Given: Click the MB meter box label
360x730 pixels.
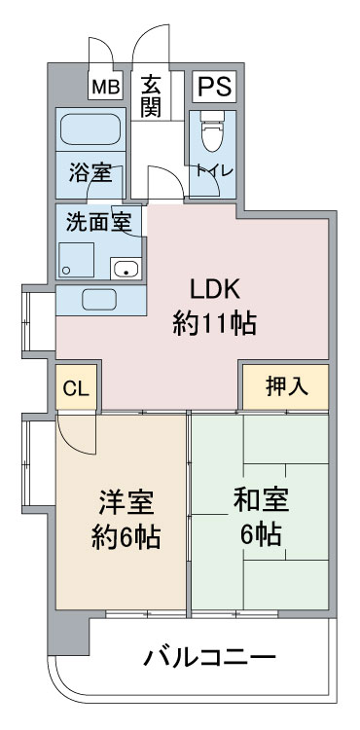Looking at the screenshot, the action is (x=105, y=87).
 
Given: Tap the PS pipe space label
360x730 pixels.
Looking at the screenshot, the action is (x=214, y=86).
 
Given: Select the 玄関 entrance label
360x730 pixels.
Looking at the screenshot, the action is (x=152, y=96).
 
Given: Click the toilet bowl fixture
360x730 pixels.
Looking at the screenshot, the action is (x=212, y=130).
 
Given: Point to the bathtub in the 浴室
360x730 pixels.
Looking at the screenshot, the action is (x=90, y=128).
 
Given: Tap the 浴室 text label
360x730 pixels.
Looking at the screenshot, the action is (x=90, y=172).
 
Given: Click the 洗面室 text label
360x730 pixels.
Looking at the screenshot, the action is (x=97, y=222).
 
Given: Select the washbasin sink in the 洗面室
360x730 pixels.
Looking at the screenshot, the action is (x=126, y=269).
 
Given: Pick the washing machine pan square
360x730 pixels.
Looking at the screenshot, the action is (x=76, y=260).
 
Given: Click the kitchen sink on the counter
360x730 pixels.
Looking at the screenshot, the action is (x=99, y=300).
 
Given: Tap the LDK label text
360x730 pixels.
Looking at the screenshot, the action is (x=214, y=291).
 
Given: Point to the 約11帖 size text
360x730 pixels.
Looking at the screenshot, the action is (x=214, y=324).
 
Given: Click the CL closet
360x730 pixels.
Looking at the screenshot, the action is (x=76, y=387).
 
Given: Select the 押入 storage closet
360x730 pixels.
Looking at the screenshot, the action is (x=286, y=386).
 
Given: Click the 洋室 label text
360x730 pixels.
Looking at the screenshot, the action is (x=126, y=503).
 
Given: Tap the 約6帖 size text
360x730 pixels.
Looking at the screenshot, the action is (x=126, y=537).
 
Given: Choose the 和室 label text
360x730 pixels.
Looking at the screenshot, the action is (x=261, y=500).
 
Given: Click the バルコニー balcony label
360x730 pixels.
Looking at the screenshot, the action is (x=210, y=658).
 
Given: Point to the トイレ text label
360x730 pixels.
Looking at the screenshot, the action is (x=214, y=170).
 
